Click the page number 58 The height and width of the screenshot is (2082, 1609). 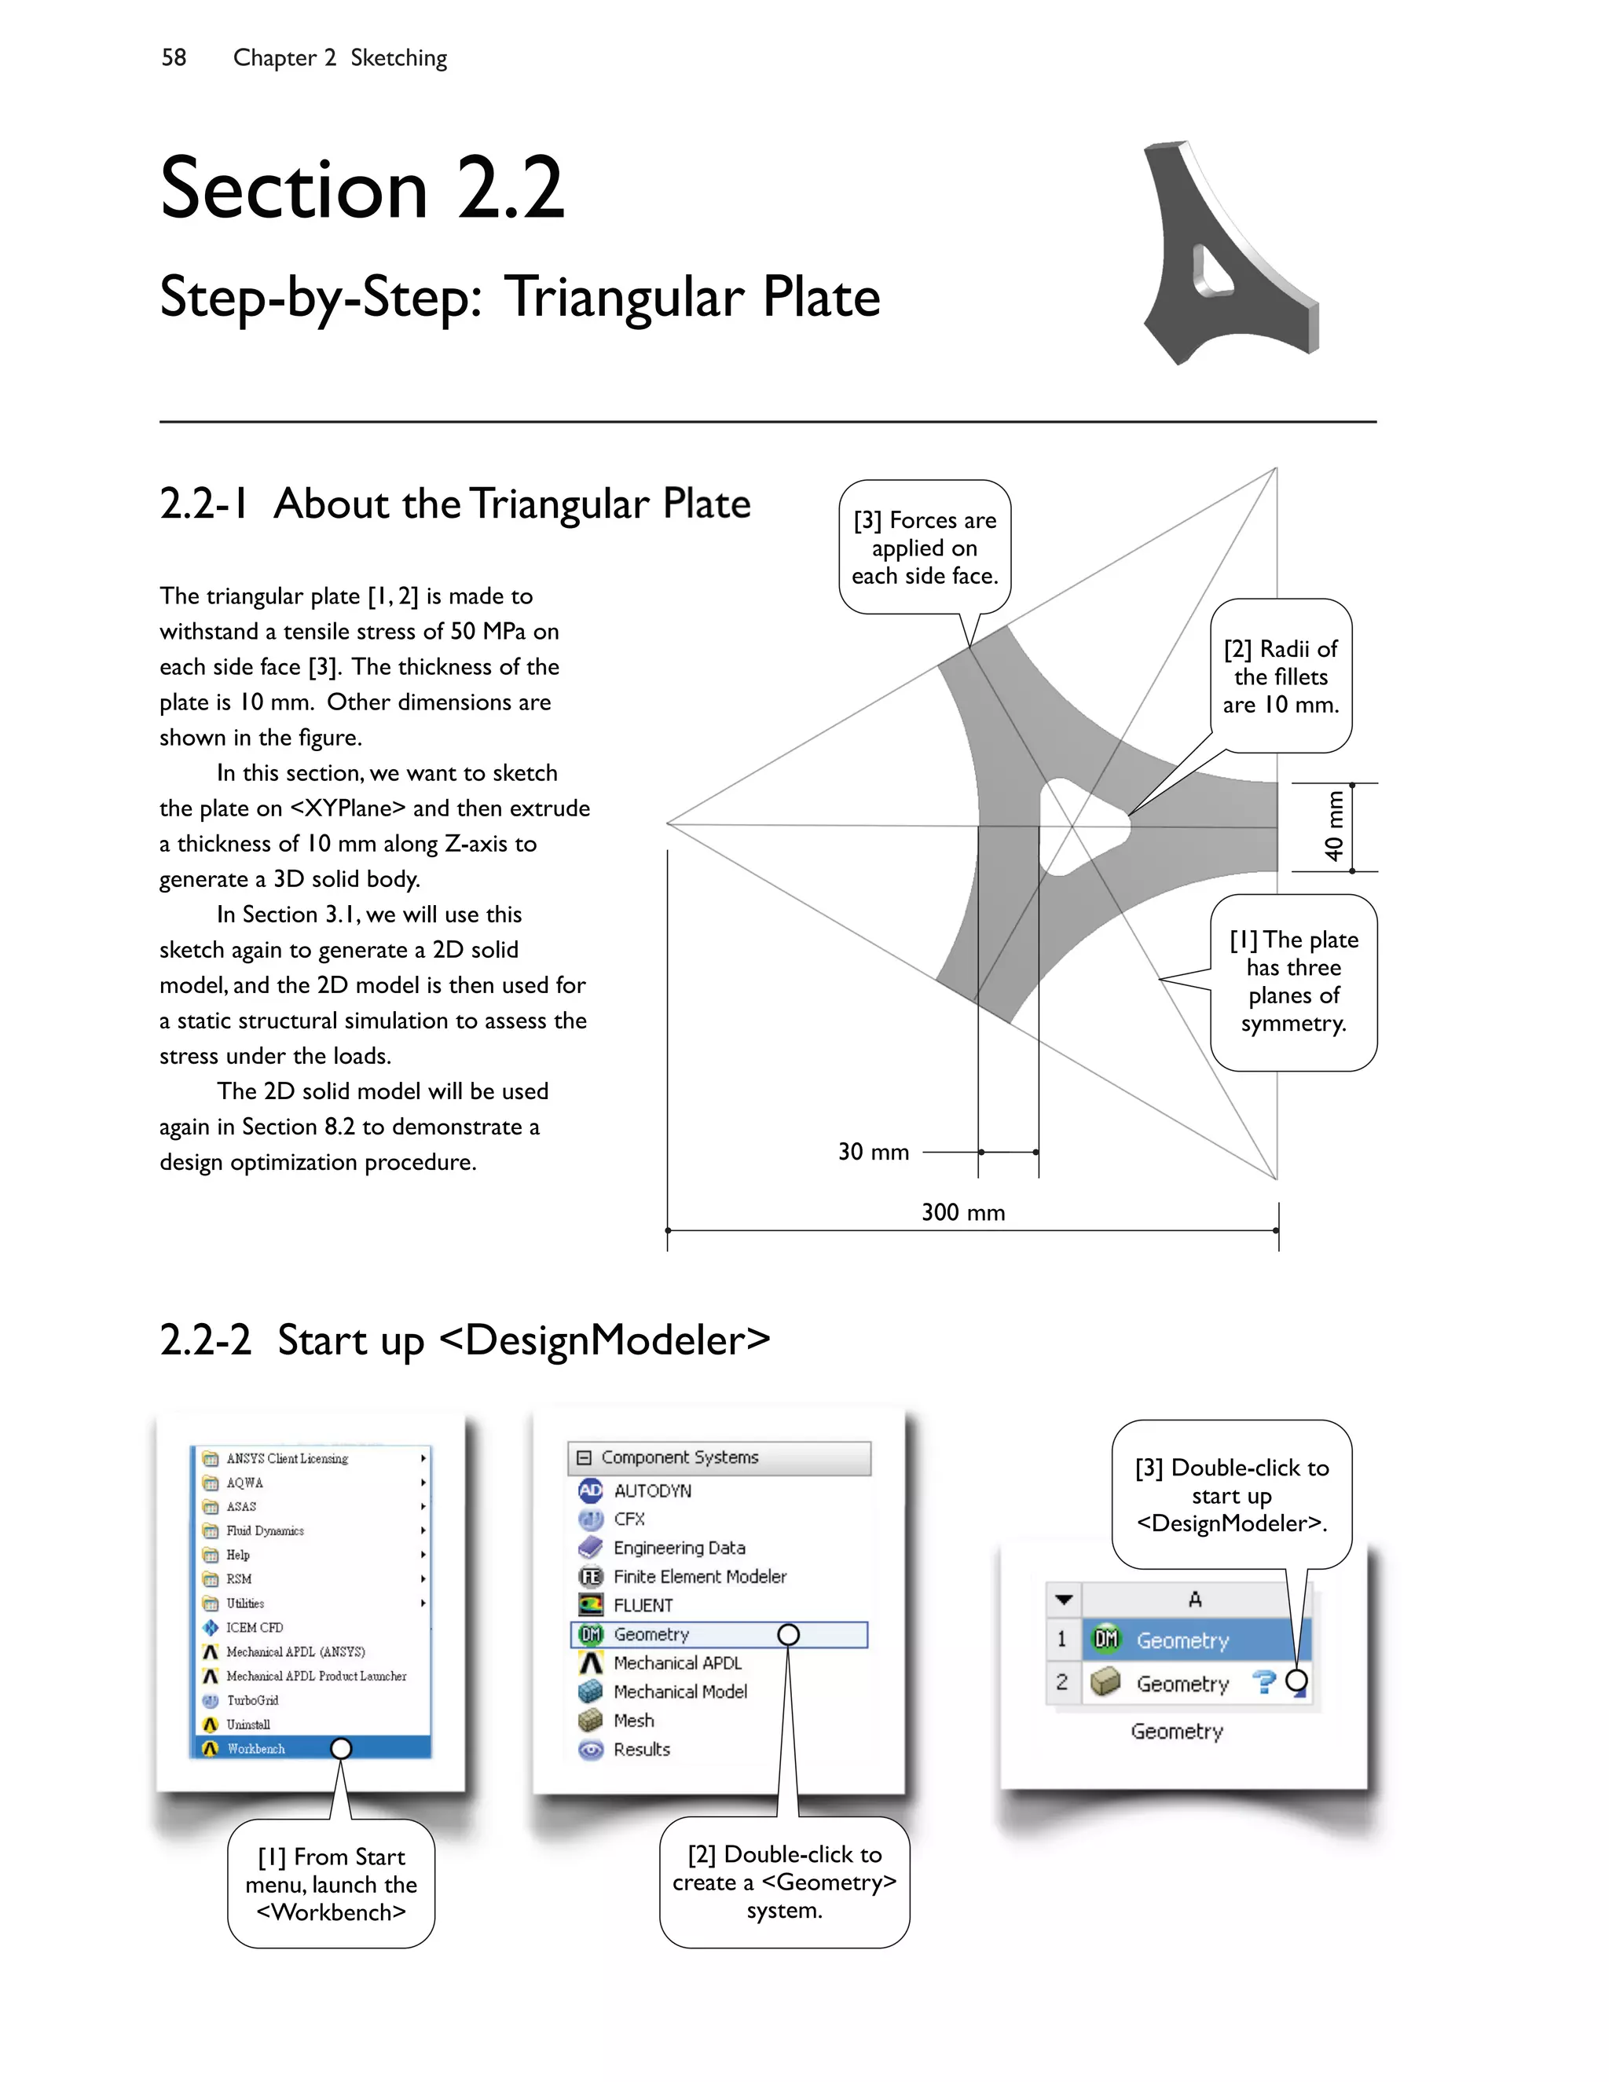click(x=174, y=57)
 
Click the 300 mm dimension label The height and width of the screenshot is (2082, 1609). click(x=962, y=1211)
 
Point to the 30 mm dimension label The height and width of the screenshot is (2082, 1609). click(x=873, y=1152)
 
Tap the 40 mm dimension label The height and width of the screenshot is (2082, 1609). click(x=1335, y=827)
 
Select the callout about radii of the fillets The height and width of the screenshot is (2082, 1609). click(x=1280, y=676)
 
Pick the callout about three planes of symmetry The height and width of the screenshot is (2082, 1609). click(x=1293, y=981)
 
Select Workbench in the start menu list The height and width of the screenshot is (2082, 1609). click(x=255, y=1748)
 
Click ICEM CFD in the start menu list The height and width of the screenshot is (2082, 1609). click(x=254, y=1627)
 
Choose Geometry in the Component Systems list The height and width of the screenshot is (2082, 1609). click(x=651, y=1634)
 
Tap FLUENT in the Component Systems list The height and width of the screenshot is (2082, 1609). click(x=643, y=1605)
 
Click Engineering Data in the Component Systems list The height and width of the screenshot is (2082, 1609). click(x=679, y=1547)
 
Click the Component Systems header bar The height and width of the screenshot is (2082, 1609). click(x=719, y=1457)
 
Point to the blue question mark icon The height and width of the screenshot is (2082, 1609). click(x=1264, y=1683)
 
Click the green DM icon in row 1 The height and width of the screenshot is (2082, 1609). click(x=1105, y=1639)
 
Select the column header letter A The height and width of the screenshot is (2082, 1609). click(x=1194, y=1600)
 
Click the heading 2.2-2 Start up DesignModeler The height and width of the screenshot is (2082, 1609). click(x=464, y=1340)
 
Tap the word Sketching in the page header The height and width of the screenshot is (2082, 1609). click(x=398, y=57)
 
